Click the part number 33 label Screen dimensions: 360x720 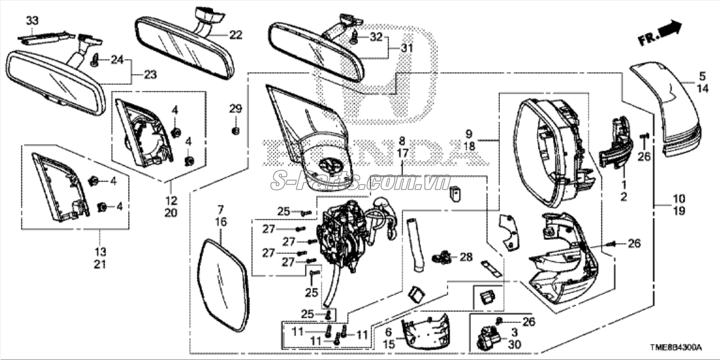32,21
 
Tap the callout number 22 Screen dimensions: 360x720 236,34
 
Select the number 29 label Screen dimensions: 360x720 236,109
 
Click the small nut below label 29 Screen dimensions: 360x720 236,130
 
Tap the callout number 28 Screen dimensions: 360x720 466,256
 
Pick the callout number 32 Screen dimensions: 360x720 375,37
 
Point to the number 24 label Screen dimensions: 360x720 117,60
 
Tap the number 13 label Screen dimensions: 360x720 100,252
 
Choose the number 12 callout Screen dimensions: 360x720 171,199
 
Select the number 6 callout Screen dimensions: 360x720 389,331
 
